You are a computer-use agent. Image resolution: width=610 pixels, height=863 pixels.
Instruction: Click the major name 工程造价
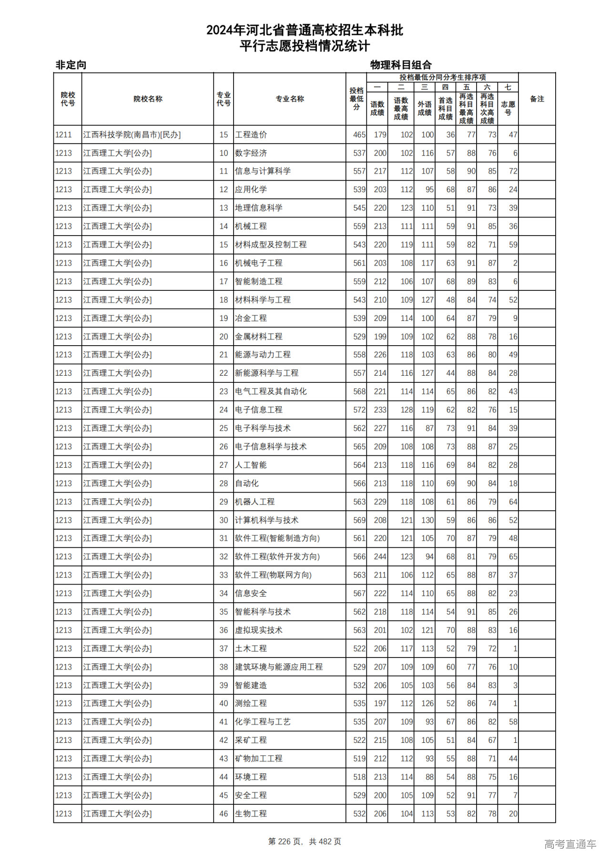pos(251,135)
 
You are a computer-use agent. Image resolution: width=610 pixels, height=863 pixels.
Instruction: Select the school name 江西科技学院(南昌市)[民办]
pos(132,135)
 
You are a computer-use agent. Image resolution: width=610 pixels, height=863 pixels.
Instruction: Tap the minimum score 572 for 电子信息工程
pos(359,410)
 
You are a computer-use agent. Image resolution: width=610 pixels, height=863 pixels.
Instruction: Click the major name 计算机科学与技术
pos(267,520)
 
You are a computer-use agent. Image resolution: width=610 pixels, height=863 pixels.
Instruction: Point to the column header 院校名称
pos(148,99)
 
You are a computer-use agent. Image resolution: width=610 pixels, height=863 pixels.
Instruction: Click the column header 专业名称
pos(290,99)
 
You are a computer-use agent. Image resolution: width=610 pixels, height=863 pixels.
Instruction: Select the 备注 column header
pos(537,99)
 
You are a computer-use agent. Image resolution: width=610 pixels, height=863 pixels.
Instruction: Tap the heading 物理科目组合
pos(401,65)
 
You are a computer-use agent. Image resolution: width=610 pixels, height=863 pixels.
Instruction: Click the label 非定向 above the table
pos(71,65)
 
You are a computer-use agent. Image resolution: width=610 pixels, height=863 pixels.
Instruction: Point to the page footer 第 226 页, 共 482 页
pos(305,842)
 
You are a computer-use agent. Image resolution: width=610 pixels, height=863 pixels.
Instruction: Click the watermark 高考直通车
pos(570,844)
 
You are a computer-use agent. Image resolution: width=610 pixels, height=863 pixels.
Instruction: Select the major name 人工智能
pos(251,465)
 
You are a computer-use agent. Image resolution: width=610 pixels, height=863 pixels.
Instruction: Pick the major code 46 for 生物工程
pos(224,814)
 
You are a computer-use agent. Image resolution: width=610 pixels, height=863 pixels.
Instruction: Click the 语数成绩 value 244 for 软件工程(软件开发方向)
pos(380,557)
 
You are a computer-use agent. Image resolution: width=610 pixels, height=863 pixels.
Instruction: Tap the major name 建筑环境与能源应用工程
pos(279,667)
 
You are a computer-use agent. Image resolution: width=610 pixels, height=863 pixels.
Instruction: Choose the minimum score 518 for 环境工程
pos(359,777)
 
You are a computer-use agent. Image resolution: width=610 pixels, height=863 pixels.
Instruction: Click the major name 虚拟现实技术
pos(259,630)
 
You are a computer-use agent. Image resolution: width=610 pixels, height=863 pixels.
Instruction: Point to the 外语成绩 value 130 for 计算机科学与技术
pos(427,520)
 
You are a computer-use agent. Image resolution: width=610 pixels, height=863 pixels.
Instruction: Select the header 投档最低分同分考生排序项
pos(442,77)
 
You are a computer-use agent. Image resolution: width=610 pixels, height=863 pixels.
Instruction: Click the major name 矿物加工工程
pos(259,759)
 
